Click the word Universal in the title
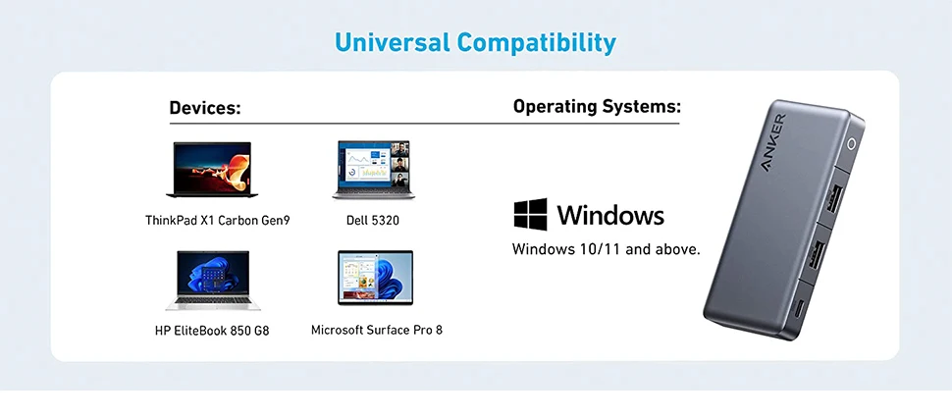[393, 42]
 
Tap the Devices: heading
[205, 108]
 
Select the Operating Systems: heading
[597, 107]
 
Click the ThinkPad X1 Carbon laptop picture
[212, 170]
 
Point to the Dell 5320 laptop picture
[373, 170]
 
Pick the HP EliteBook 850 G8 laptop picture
[213, 281]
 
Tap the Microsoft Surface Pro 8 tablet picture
[375, 278]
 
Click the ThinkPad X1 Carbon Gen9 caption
[217, 220]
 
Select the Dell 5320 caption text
[373, 220]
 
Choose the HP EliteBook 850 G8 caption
[212, 331]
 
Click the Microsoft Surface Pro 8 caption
[377, 330]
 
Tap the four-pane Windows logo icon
[531, 214]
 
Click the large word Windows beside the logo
[610, 215]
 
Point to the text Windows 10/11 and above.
[606, 248]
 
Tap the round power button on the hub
[851, 144]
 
